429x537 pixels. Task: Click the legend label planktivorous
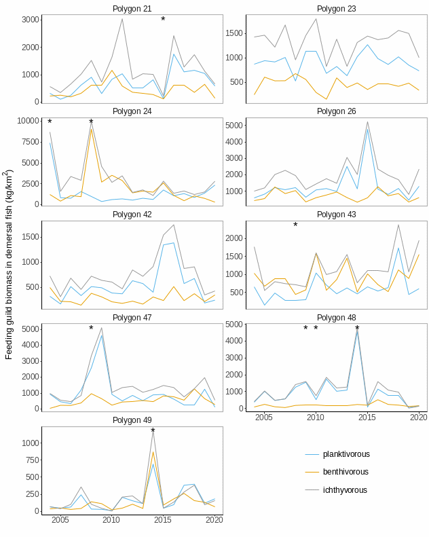tap(346, 454)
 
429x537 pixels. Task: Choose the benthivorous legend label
tap(346, 472)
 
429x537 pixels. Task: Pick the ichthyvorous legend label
tap(345, 490)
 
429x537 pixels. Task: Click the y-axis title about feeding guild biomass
tap(9, 265)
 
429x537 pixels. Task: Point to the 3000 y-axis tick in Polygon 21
tap(29, 20)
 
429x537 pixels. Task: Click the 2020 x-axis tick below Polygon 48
tap(418, 418)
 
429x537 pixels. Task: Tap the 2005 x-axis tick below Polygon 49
tap(60, 520)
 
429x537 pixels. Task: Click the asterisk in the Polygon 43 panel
tap(295, 226)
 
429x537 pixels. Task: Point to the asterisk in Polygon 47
tap(91, 329)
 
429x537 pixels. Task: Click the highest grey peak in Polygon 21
tap(122, 18)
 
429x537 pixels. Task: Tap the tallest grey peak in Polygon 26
tap(367, 122)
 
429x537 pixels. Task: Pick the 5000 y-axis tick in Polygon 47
tap(30, 329)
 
